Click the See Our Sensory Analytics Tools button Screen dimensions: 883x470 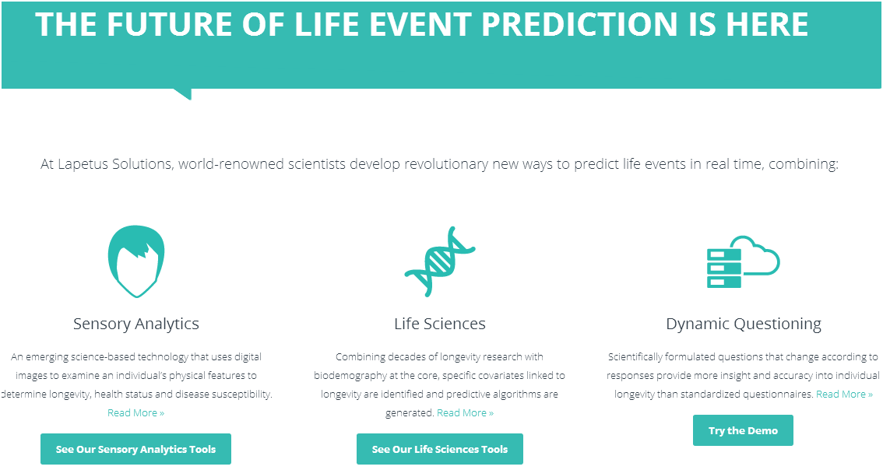[135, 449]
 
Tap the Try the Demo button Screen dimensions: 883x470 [743, 430]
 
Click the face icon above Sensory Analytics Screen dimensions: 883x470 [136, 261]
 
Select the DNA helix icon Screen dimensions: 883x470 [440, 261]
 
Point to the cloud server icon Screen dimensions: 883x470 [744, 261]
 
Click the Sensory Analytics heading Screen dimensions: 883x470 [136, 324]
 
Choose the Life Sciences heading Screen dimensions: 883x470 [440, 324]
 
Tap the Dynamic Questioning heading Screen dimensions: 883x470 [744, 324]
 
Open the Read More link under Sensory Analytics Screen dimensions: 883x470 [135, 412]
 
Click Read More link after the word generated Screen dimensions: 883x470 [465, 412]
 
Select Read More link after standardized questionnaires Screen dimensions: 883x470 [844, 394]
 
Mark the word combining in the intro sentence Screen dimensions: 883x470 [804, 164]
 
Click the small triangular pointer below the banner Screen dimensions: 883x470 [184, 93]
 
